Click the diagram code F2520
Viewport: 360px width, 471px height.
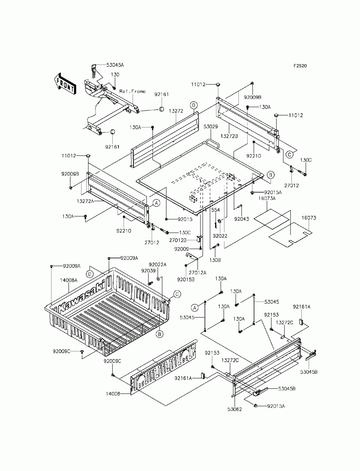(300, 66)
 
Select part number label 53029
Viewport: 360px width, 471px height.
(211, 127)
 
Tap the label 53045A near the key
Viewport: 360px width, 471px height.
(115, 65)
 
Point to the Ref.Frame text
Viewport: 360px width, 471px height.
(132, 91)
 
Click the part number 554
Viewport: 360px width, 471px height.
(215, 210)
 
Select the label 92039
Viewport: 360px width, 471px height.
(148, 271)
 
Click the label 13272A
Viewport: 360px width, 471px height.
(85, 201)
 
